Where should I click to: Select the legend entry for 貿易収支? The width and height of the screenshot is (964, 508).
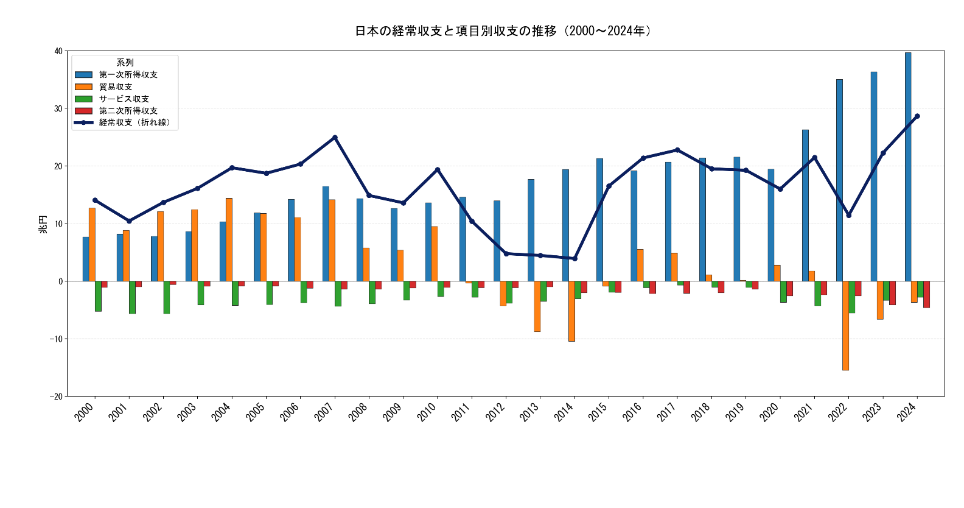click(x=116, y=86)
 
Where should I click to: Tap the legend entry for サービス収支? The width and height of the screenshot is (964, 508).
click(x=124, y=99)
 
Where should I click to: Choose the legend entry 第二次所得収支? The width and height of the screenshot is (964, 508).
click(x=128, y=111)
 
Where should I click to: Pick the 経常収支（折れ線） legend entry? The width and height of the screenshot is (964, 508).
click(x=136, y=122)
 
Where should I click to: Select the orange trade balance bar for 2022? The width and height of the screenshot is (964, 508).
click(x=846, y=325)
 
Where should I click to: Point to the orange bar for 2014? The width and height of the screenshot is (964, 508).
click(x=571, y=311)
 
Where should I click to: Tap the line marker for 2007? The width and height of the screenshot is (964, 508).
click(x=335, y=138)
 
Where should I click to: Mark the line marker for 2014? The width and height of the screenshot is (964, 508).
click(x=575, y=259)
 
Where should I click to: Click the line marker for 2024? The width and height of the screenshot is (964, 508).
click(x=917, y=116)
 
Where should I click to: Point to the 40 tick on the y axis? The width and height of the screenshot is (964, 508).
click(x=58, y=51)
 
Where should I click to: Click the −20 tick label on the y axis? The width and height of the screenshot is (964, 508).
click(x=57, y=397)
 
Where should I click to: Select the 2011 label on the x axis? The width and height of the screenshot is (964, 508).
click(x=461, y=412)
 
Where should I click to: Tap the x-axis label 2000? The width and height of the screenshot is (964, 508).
click(x=85, y=412)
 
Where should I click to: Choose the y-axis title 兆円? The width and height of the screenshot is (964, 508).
click(x=43, y=224)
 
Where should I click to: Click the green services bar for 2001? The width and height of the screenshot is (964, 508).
click(x=132, y=297)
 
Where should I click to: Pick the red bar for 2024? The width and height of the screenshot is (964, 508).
click(x=926, y=294)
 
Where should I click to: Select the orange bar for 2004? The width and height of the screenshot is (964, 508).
click(x=229, y=239)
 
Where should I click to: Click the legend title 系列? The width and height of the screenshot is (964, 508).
click(x=125, y=63)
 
